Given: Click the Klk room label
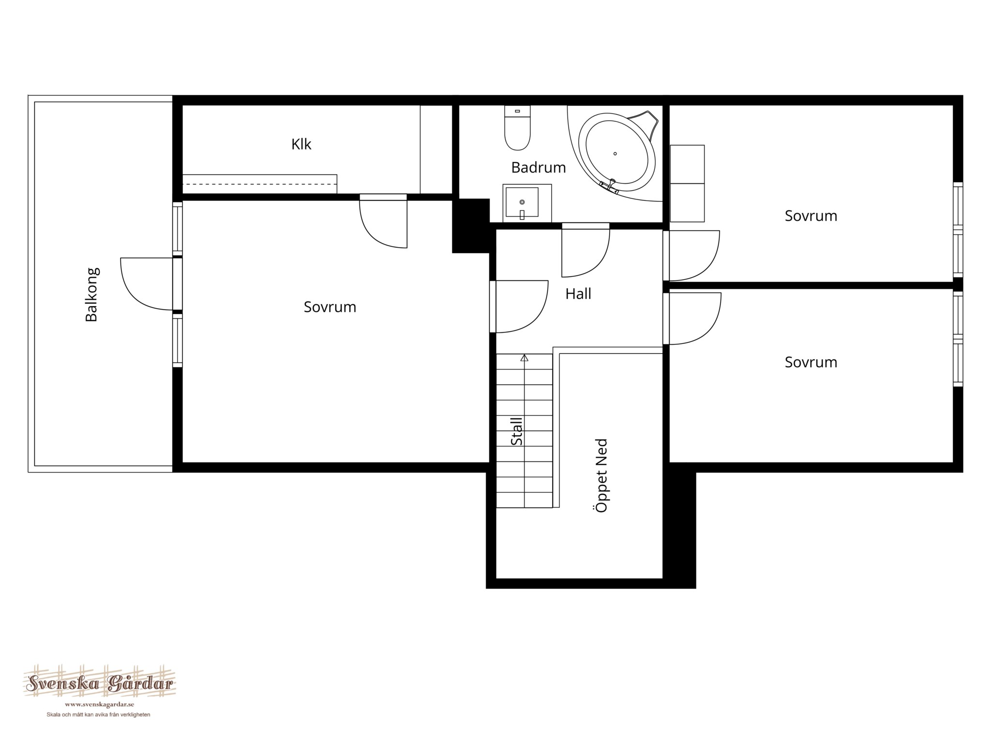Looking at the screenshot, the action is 301,144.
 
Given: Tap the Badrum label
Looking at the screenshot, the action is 539,167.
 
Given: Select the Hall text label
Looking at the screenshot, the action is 578,294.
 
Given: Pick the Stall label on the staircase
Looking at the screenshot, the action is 517,431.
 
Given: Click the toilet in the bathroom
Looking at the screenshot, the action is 517,128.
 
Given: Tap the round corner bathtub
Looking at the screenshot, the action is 616,153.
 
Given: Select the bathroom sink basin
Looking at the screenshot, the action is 522,202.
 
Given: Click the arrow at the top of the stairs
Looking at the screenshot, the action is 525,358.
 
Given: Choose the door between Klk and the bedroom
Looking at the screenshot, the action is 383,221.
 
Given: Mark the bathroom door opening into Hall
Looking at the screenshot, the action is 586,250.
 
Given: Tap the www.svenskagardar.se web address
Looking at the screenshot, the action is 99,705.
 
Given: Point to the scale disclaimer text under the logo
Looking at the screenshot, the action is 98,715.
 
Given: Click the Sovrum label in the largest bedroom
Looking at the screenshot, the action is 330,307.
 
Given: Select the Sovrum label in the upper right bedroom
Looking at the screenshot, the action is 811,216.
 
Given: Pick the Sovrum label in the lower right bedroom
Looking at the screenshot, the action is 811,362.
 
